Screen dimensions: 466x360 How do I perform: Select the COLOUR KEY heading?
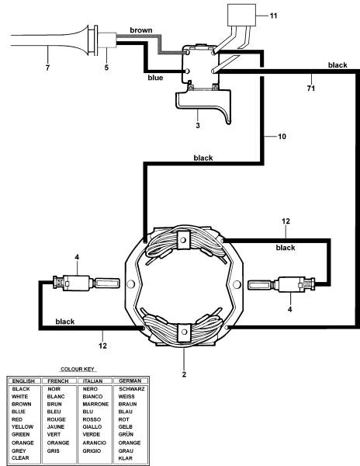(79, 372)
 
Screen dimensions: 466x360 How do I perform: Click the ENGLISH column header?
(22, 381)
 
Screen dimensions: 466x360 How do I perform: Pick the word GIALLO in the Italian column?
(93, 427)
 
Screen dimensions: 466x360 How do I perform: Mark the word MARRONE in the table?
(96, 404)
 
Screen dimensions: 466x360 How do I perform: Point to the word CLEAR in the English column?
(19, 457)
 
